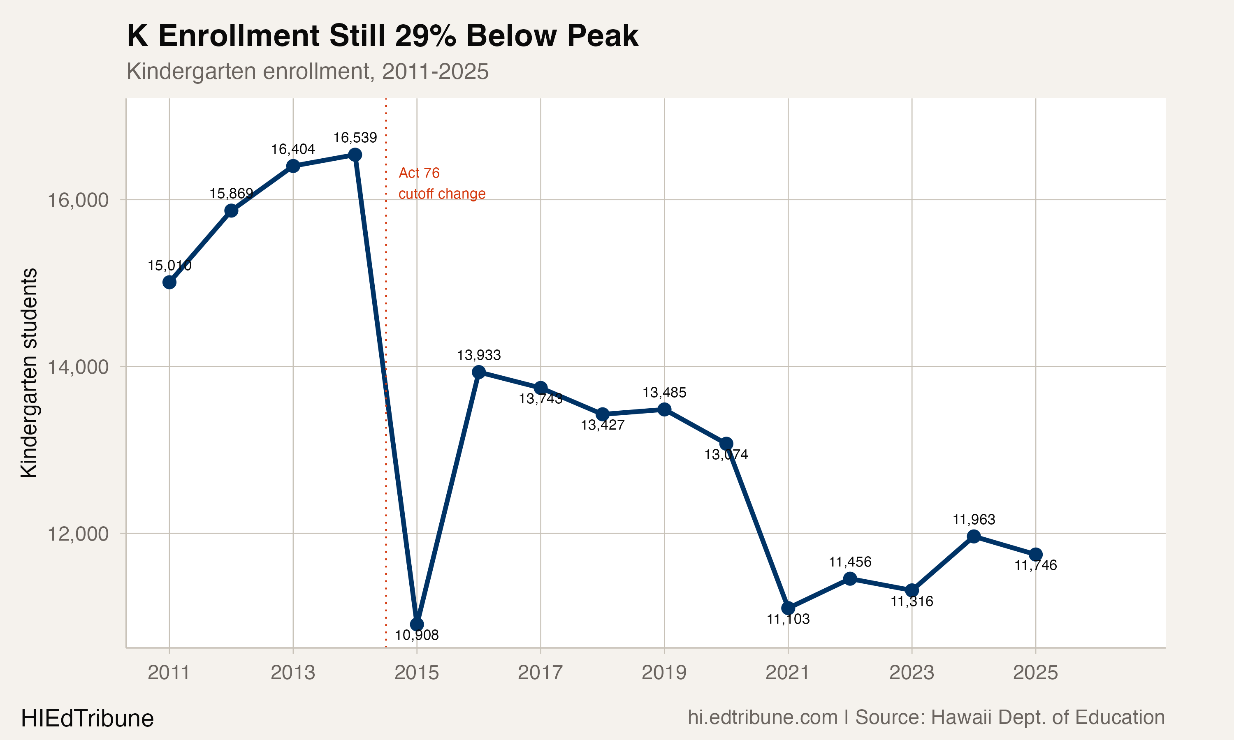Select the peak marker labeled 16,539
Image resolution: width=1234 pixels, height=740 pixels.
pos(355,155)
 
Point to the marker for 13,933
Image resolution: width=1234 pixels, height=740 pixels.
pos(478,372)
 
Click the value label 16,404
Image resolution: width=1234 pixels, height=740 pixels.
pos(293,149)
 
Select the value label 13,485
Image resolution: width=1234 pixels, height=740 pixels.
pos(664,393)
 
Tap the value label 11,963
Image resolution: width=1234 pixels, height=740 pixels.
pos(974,520)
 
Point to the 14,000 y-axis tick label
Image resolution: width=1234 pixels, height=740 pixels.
pos(78,367)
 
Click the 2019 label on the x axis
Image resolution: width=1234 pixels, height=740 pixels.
pos(664,673)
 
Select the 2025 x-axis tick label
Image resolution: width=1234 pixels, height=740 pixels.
pos(1035,673)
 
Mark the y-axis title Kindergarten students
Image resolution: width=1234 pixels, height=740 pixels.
pos(29,373)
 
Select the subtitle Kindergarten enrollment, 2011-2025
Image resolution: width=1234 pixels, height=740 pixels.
pos(307,71)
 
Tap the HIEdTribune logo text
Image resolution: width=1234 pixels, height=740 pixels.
pos(87,719)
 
